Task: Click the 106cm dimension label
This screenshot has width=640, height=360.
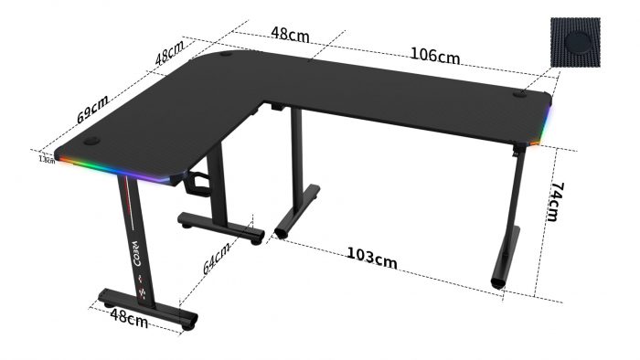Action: [434, 55]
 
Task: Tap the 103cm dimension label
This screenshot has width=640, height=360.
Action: [371, 257]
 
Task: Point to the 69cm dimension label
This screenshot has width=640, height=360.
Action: [92, 109]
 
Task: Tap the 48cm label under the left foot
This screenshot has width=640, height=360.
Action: [129, 318]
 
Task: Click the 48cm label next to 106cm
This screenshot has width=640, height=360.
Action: [289, 35]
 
